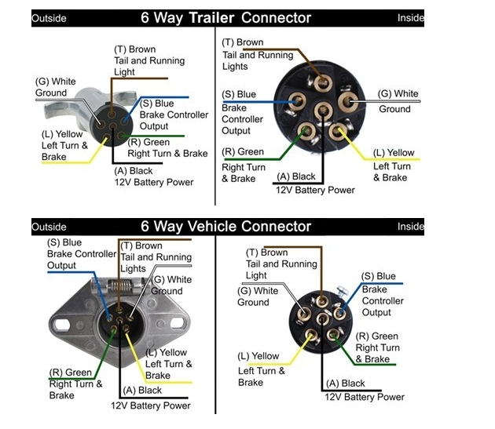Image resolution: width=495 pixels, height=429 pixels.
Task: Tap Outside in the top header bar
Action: [x=49, y=18]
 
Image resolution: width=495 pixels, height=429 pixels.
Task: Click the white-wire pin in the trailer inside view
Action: [x=348, y=101]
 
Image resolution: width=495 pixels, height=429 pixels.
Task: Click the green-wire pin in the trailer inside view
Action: [x=307, y=131]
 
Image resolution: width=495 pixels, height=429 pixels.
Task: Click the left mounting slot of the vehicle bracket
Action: [x=62, y=322]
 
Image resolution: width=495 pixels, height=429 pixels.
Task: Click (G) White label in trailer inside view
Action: [x=398, y=94]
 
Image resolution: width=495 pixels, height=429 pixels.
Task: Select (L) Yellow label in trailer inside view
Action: [x=394, y=153]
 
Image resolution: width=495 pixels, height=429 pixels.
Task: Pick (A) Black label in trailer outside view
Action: [x=134, y=170]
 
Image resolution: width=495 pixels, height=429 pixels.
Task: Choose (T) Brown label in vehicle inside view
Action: [x=266, y=253]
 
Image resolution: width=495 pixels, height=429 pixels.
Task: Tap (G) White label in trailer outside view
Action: [x=56, y=81]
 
